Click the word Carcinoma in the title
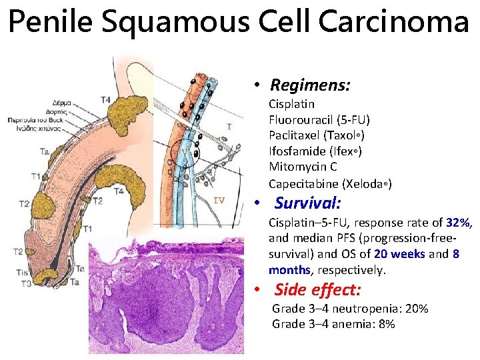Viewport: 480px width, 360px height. pyautogui.click(x=394, y=23)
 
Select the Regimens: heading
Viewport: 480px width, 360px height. pyautogui.click(x=310, y=85)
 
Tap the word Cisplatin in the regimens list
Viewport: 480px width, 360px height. pyautogui.click(x=291, y=104)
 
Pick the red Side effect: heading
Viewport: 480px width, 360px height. pyautogui.click(x=317, y=290)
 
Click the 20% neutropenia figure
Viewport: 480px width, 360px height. pyautogui.click(x=415, y=309)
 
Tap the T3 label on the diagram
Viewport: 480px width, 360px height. pyautogui.click(x=25, y=284)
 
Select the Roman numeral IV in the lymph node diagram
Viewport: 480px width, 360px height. pyautogui.click(x=219, y=199)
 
